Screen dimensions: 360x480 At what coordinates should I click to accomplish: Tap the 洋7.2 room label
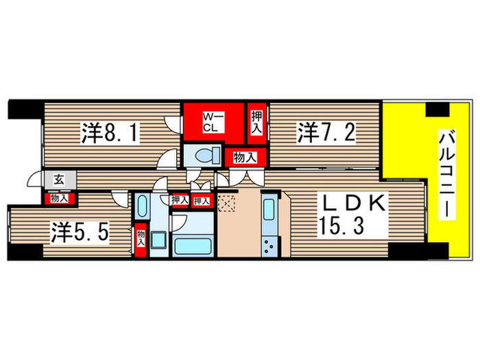click(x=326, y=132)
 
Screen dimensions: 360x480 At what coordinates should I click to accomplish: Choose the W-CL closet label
click(x=209, y=122)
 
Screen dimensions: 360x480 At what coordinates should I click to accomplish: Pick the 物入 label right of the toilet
click(x=244, y=157)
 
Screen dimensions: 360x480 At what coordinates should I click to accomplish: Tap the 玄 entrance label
click(x=58, y=180)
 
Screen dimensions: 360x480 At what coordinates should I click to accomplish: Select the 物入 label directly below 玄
click(x=60, y=198)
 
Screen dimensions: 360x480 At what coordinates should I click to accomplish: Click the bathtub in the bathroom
click(x=193, y=245)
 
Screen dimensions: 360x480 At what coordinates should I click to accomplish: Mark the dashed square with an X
click(x=226, y=204)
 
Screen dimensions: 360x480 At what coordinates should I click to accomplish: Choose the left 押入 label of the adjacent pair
click(x=178, y=200)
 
